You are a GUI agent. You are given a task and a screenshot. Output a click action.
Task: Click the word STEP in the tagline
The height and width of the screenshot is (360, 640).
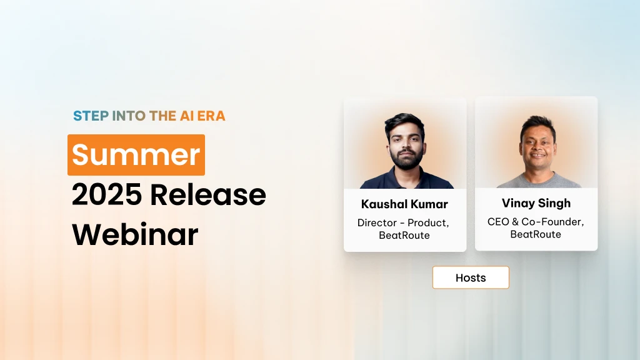90,116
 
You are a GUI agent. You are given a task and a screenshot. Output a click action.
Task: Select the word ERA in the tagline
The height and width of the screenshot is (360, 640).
212,116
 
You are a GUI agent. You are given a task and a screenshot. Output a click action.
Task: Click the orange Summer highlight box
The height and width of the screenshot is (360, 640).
136,154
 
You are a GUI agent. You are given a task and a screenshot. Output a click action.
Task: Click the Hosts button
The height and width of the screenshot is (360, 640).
471,277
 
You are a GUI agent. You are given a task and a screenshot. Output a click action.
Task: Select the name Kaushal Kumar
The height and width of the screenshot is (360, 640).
404,204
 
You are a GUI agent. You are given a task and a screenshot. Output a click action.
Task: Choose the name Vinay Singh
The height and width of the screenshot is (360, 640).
536,203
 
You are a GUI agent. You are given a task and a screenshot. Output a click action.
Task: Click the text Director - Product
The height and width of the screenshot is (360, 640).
403,222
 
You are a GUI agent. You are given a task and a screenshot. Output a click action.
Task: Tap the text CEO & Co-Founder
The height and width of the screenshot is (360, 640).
536,222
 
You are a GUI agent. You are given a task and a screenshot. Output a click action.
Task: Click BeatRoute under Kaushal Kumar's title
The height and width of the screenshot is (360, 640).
404,236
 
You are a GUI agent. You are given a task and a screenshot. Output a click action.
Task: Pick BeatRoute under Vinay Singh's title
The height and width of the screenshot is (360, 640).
536,234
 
